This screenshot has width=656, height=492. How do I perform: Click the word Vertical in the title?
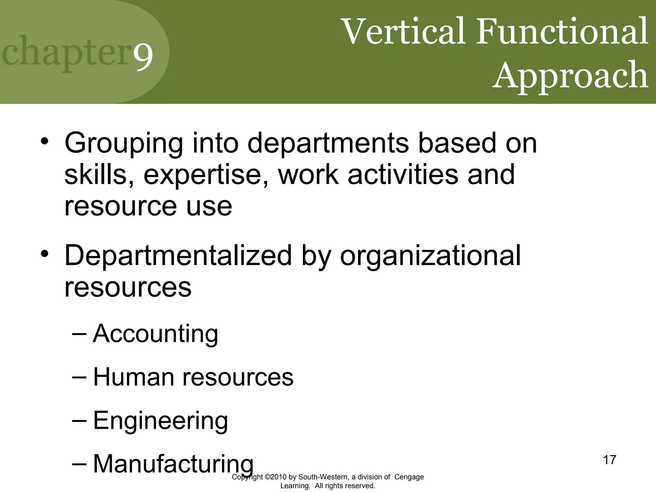tap(404, 32)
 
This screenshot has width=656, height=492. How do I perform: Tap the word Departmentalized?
tap(178, 255)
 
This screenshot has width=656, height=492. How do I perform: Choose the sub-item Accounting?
tap(156, 334)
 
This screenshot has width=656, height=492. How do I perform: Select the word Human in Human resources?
tap(133, 377)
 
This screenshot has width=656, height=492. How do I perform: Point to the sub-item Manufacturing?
tap(173, 464)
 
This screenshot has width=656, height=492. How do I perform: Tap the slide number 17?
tap(610, 460)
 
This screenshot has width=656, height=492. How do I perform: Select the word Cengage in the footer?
tap(409, 477)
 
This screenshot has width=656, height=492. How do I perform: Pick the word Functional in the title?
tap(562, 32)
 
